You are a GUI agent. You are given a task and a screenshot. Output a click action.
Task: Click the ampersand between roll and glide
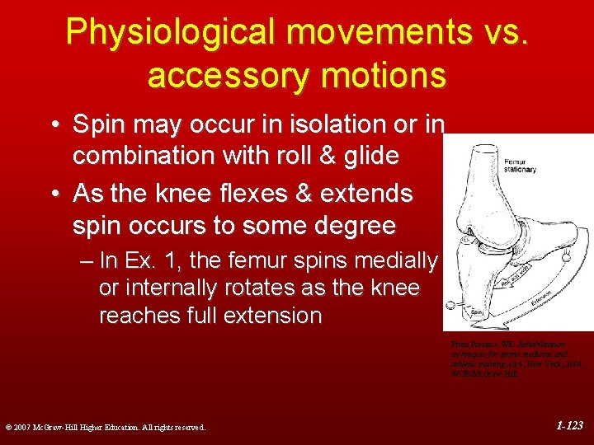pos(320,156)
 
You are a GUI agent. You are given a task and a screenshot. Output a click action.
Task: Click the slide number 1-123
pos(569,426)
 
